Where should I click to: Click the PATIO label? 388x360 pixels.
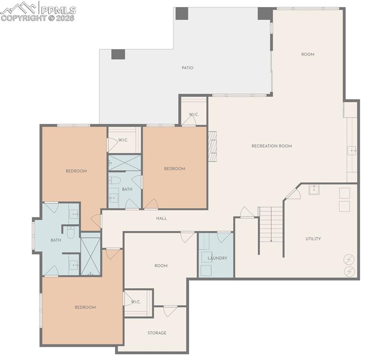[x=187, y=68]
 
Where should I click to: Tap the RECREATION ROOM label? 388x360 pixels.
[x=272, y=146]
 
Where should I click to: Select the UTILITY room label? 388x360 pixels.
[x=313, y=239]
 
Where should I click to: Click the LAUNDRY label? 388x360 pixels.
[x=217, y=258]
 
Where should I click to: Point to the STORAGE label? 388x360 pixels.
[x=157, y=333]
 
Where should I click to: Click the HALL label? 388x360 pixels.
[x=161, y=218]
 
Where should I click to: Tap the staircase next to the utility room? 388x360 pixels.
[x=271, y=225]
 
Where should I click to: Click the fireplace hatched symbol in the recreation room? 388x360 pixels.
[x=212, y=146]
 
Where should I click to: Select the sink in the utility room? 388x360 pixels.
[x=314, y=190]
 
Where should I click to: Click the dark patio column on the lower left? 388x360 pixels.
[x=118, y=54]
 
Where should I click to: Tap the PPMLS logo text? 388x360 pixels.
[x=58, y=10]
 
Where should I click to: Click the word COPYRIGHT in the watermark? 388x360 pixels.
[x=23, y=18]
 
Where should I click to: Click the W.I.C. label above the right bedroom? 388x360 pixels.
[x=194, y=114]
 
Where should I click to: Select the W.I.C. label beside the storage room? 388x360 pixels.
[x=136, y=302]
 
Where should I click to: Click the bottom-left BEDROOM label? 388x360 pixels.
[x=85, y=307]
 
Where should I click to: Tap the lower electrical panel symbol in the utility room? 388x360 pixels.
[x=349, y=271]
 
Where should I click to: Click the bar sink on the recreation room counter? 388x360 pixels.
[x=351, y=150]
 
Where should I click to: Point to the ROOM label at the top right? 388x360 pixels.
[x=308, y=54]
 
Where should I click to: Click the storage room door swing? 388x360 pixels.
[x=170, y=312]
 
